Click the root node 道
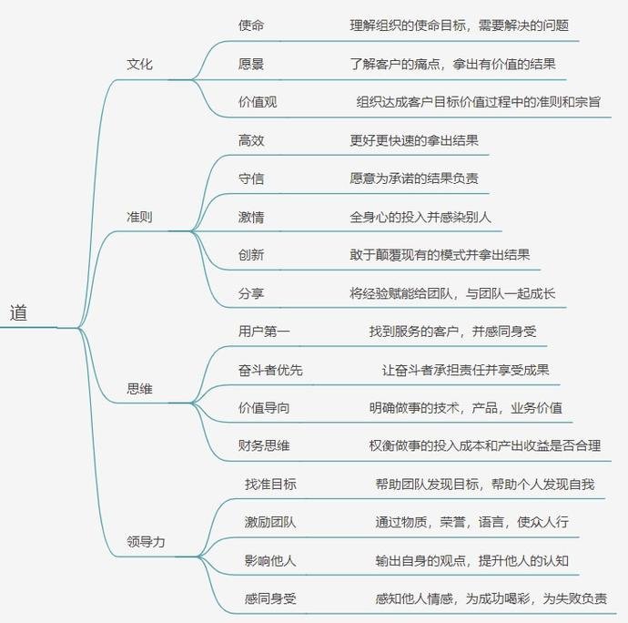pos(18,312)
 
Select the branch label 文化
pos(139,64)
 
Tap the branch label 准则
pos(139,217)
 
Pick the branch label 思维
pos(139,389)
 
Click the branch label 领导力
pos(146,542)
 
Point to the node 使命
pos(251,26)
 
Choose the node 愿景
pos(251,64)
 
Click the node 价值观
pos(258,102)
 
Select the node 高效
pos(251,140)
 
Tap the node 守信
pos(251,179)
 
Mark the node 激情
pos(251,217)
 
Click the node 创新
pos(251,254)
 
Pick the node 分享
pos(251,293)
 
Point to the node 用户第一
pos(264,332)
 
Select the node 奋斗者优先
pos(270,370)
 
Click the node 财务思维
pos(264,445)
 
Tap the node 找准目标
pos(270,484)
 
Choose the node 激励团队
pos(270,522)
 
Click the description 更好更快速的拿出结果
pos(414,140)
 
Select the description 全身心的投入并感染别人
pos(420,217)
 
